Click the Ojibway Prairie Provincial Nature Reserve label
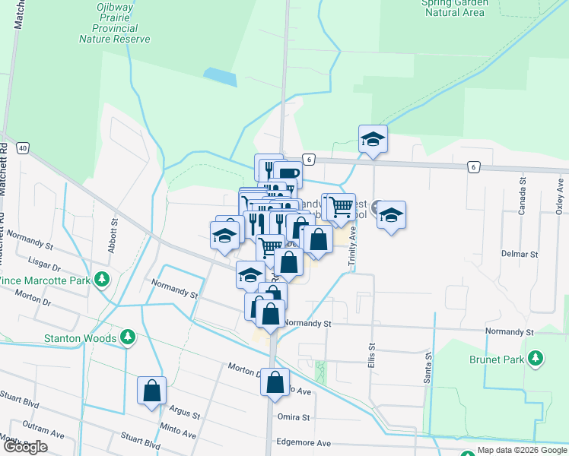point(114,22)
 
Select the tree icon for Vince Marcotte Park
point(101,280)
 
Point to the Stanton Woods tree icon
point(129,337)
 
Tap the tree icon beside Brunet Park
point(536,357)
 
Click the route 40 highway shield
point(23,147)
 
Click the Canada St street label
point(523,196)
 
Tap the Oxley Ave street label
point(560,196)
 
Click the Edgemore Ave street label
point(304,442)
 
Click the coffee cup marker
point(287,175)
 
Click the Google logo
point(25,447)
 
